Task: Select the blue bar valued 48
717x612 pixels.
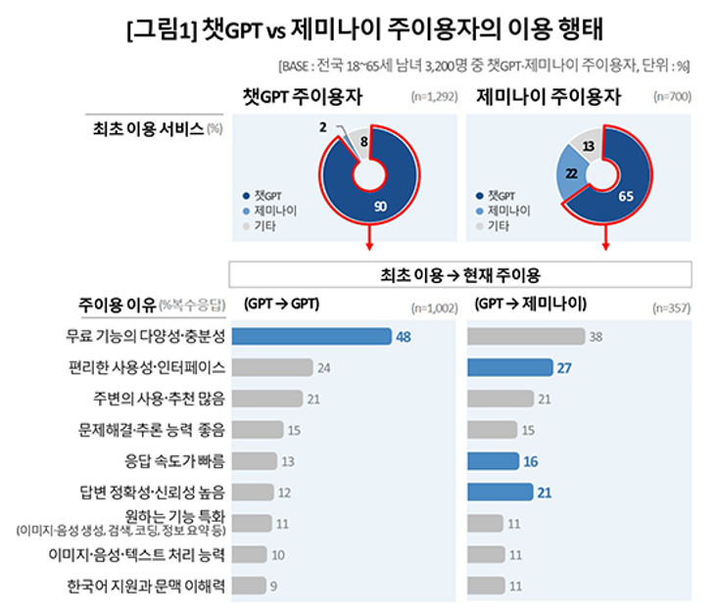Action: coord(314,336)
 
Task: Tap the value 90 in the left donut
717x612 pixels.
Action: coord(381,206)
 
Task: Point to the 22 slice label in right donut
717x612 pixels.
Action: coord(572,172)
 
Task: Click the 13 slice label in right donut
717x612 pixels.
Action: coord(588,146)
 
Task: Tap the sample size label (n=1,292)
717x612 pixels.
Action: coord(434,98)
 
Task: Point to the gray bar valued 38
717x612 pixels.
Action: coord(525,336)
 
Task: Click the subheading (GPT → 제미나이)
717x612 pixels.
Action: coord(530,304)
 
